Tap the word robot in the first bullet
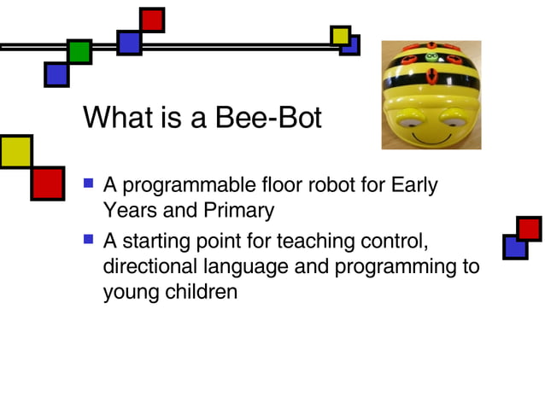point(322,184)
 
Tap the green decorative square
point(79,52)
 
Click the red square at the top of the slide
point(152,20)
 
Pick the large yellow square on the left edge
point(15,151)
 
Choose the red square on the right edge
point(529,229)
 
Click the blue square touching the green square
point(56,74)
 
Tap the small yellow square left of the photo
point(340,35)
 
